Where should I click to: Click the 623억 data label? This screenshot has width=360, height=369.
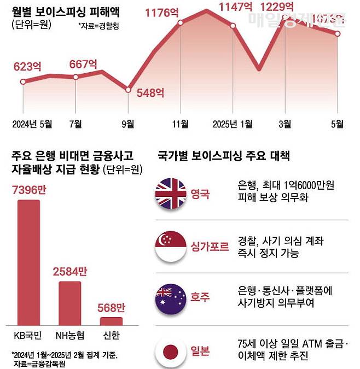27,68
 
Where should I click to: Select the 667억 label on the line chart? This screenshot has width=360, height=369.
84,63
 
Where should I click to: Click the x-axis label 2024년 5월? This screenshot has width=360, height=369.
32,124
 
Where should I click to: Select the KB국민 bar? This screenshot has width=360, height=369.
28,262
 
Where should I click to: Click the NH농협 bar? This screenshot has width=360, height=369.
70,303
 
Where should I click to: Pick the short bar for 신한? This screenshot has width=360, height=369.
111,321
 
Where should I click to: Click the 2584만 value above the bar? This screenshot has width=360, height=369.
70,272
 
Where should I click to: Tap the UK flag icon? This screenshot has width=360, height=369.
171,194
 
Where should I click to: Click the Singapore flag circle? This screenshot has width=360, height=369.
171,246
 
